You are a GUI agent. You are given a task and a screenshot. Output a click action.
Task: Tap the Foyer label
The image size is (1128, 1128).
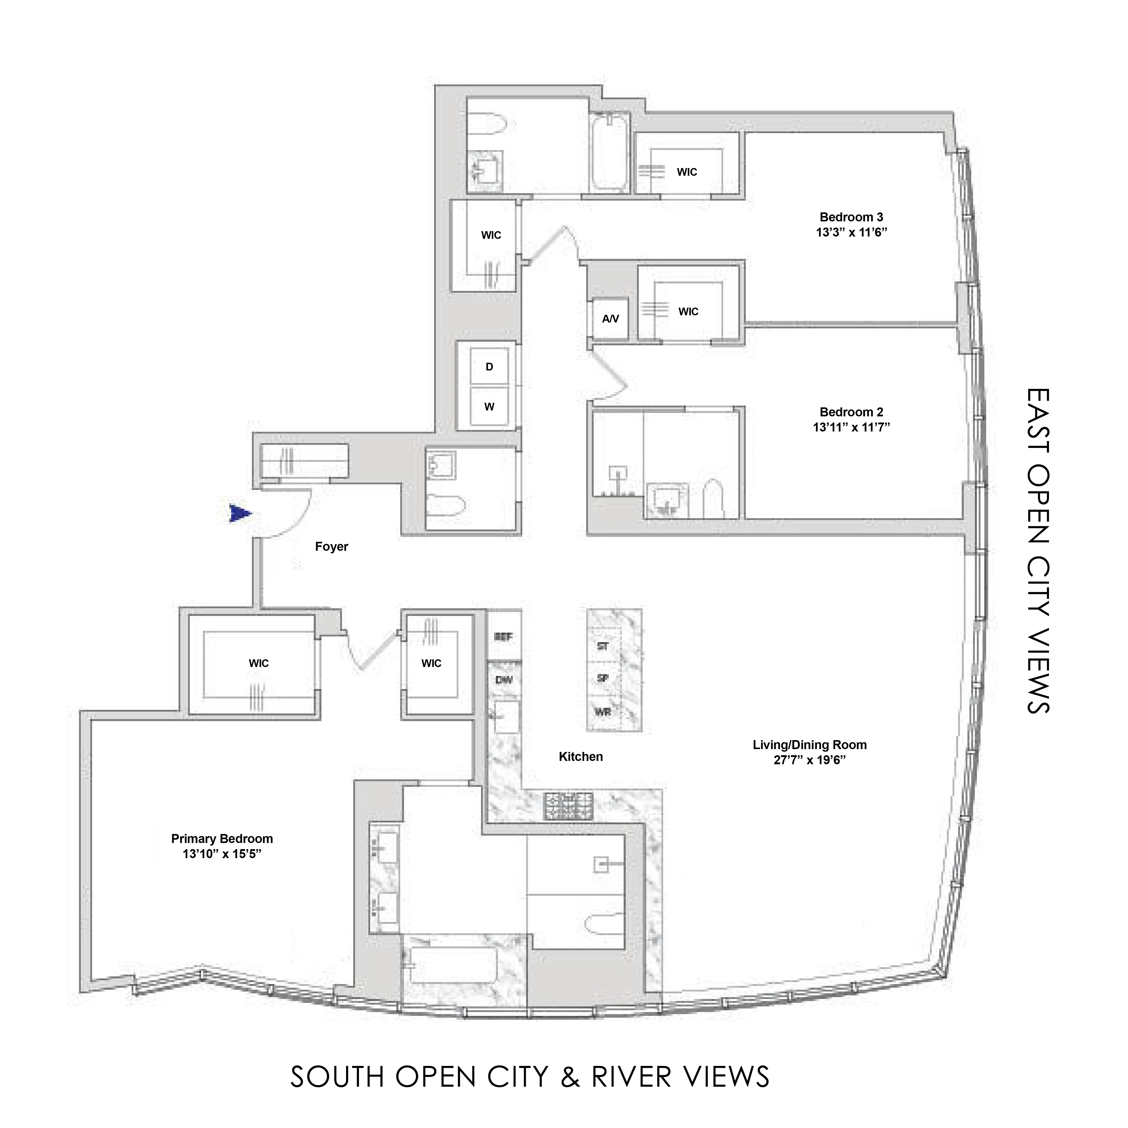(331, 546)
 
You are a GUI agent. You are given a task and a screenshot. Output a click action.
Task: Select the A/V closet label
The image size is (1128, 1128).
(610, 319)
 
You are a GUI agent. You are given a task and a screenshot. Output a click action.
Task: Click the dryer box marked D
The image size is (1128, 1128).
(489, 367)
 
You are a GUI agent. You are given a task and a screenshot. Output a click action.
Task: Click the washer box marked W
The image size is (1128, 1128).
(489, 407)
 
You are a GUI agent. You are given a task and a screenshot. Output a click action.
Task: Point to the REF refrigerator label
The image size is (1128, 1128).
(503, 636)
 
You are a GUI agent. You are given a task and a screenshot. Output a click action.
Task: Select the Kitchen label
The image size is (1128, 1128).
(580, 757)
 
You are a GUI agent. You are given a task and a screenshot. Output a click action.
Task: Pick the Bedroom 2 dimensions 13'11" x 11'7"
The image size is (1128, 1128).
(851, 427)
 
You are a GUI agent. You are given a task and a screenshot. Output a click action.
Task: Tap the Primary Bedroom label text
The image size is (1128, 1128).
(222, 838)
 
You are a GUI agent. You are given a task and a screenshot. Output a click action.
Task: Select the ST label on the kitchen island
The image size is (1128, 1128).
(603, 646)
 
